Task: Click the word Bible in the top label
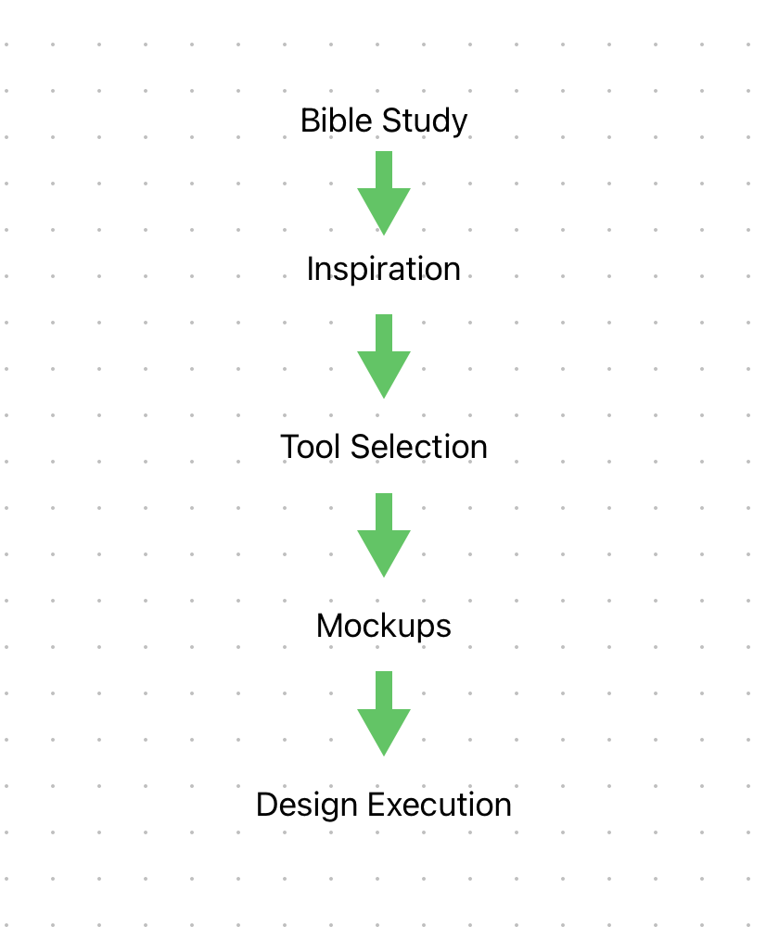click(330, 121)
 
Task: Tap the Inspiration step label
click(383, 269)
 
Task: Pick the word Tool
click(308, 447)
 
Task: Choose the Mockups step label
click(383, 626)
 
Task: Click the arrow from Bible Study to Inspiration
click(383, 193)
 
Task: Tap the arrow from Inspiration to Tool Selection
click(383, 356)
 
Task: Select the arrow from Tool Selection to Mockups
click(383, 535)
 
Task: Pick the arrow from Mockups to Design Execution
click(383, 713)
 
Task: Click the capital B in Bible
click(309, 121)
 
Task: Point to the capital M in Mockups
click(327, 626)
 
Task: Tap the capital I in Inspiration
click(311, 269)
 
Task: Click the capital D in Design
click(266, 805)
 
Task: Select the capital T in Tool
click(289, 447)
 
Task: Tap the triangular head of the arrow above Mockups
click(383, 550)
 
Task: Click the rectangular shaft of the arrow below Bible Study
click(383, 169)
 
